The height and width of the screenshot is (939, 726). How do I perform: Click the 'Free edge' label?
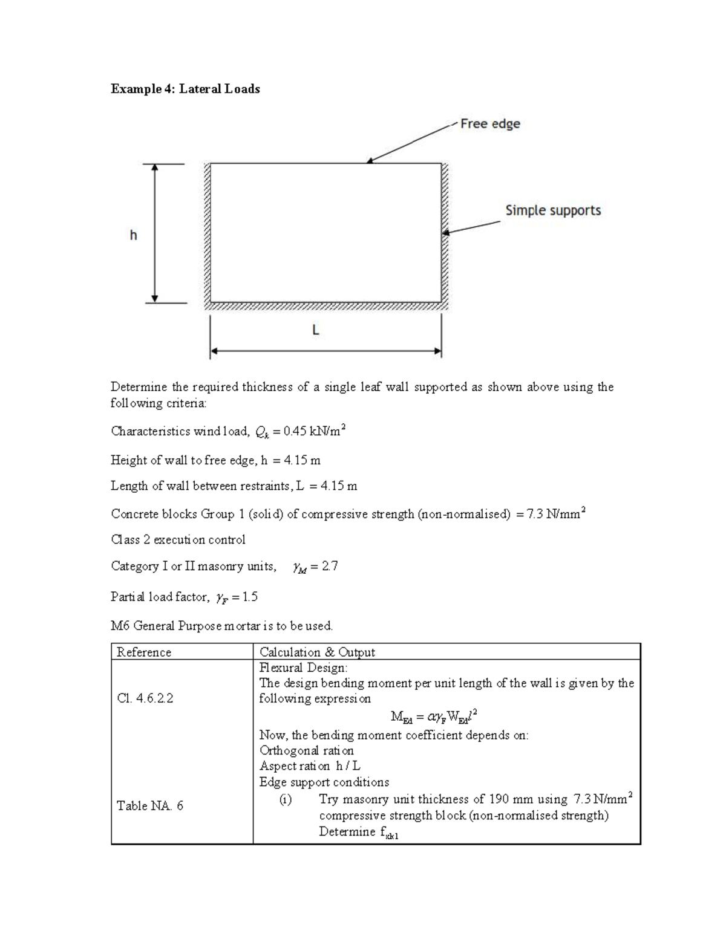[x=489, y=124]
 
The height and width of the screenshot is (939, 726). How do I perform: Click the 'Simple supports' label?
[x=553, y=210]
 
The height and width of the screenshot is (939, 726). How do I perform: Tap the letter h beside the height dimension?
[x=133, y=235]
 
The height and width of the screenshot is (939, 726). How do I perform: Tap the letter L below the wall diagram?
[x=315, y=330]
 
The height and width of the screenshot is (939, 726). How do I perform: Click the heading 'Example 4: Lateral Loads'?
[x=185, y=89]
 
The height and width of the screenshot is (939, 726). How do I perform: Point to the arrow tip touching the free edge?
[x=368, y=162]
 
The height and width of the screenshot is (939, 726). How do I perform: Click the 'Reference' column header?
[x=144, y=652]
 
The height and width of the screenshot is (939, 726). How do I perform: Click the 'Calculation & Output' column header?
[x=317, y=652]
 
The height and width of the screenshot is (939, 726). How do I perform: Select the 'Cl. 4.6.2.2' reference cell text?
[x=145, y=698]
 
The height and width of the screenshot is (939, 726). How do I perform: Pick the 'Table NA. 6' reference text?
[x=149, y=805]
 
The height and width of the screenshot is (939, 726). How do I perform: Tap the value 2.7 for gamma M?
[x=330, y=567]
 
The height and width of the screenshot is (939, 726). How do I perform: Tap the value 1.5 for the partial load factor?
[x=249, y=597]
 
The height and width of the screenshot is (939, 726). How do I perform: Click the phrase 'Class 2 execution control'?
[x=178, y=539]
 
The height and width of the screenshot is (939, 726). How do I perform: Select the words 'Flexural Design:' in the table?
[x=304, y=668]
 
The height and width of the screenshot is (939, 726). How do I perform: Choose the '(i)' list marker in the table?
[x=285, y=799]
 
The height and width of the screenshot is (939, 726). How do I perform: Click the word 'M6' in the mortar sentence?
[x=120, y=626]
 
